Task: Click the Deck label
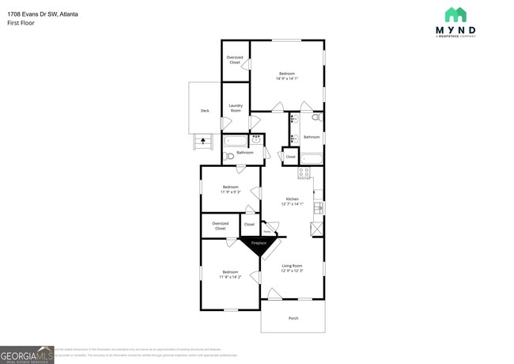point(205,111)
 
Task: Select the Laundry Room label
point(236,108)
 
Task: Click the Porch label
point(293,318)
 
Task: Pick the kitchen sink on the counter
point(318,208)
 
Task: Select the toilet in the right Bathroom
point(316,118)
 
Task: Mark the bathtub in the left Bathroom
point(236,141)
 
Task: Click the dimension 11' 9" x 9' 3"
point(230,191)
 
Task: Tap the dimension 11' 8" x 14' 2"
point(230,276)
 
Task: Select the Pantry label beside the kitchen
point(266,231)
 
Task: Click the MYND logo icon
point(455,14)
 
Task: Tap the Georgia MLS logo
point(27,355)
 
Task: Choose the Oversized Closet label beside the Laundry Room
point(235,59)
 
